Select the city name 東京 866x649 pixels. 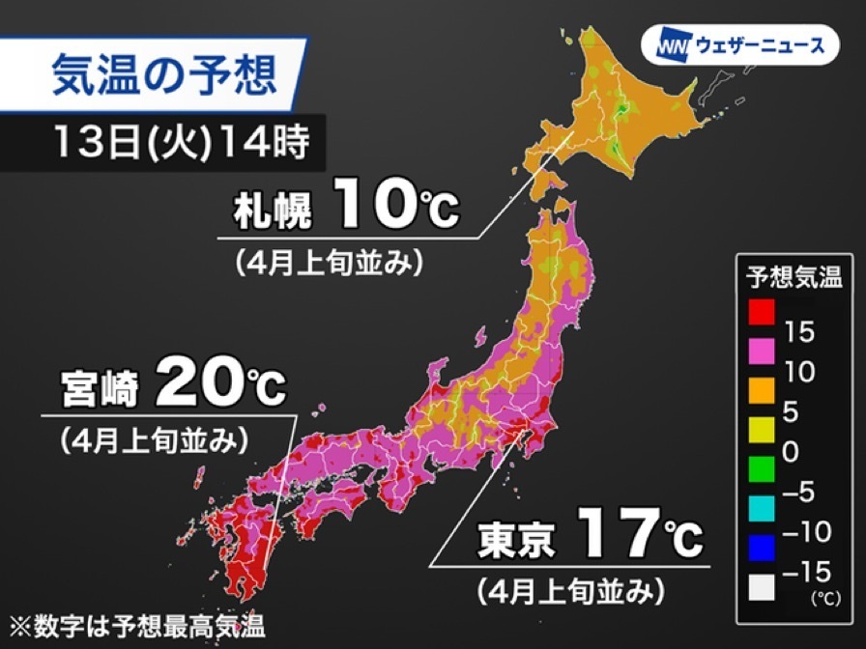pyautogui.click(x=516, y=541)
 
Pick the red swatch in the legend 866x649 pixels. pyautogui.click(x=760, y=313)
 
